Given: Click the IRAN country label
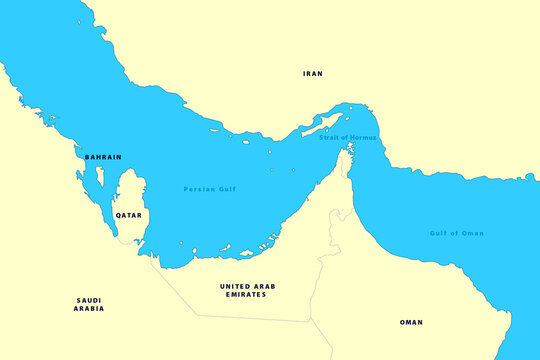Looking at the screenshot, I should pyautogui.click(x=313, y=74).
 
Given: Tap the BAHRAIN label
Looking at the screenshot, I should pyautogui.click(x=103, y=157).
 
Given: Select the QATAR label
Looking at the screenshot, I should pyautogui.click(x=128, y=215).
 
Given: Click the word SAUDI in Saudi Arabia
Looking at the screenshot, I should pyautogui.click(x=89, y=300).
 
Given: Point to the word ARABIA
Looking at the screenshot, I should pyautogui.click(x=89, y=309).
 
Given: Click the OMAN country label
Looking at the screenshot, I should pyautogui.click(x=411, y=322).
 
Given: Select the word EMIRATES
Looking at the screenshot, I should pyautogui.click(x=247, y=295).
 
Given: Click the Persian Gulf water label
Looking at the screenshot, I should pyautogui.click(x=210, y=188).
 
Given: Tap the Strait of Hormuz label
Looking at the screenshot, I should pyautogui.click(x=348, y=137).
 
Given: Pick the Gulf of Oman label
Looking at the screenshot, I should pyautogui.click(x=457, y=233).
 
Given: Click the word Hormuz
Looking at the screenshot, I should pyautogui.click(x=363, y=137).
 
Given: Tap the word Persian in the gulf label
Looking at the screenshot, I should pyautogui.click(x=198, y=188).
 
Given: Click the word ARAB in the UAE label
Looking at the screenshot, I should pyautogui.click(x=264, y=286).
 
